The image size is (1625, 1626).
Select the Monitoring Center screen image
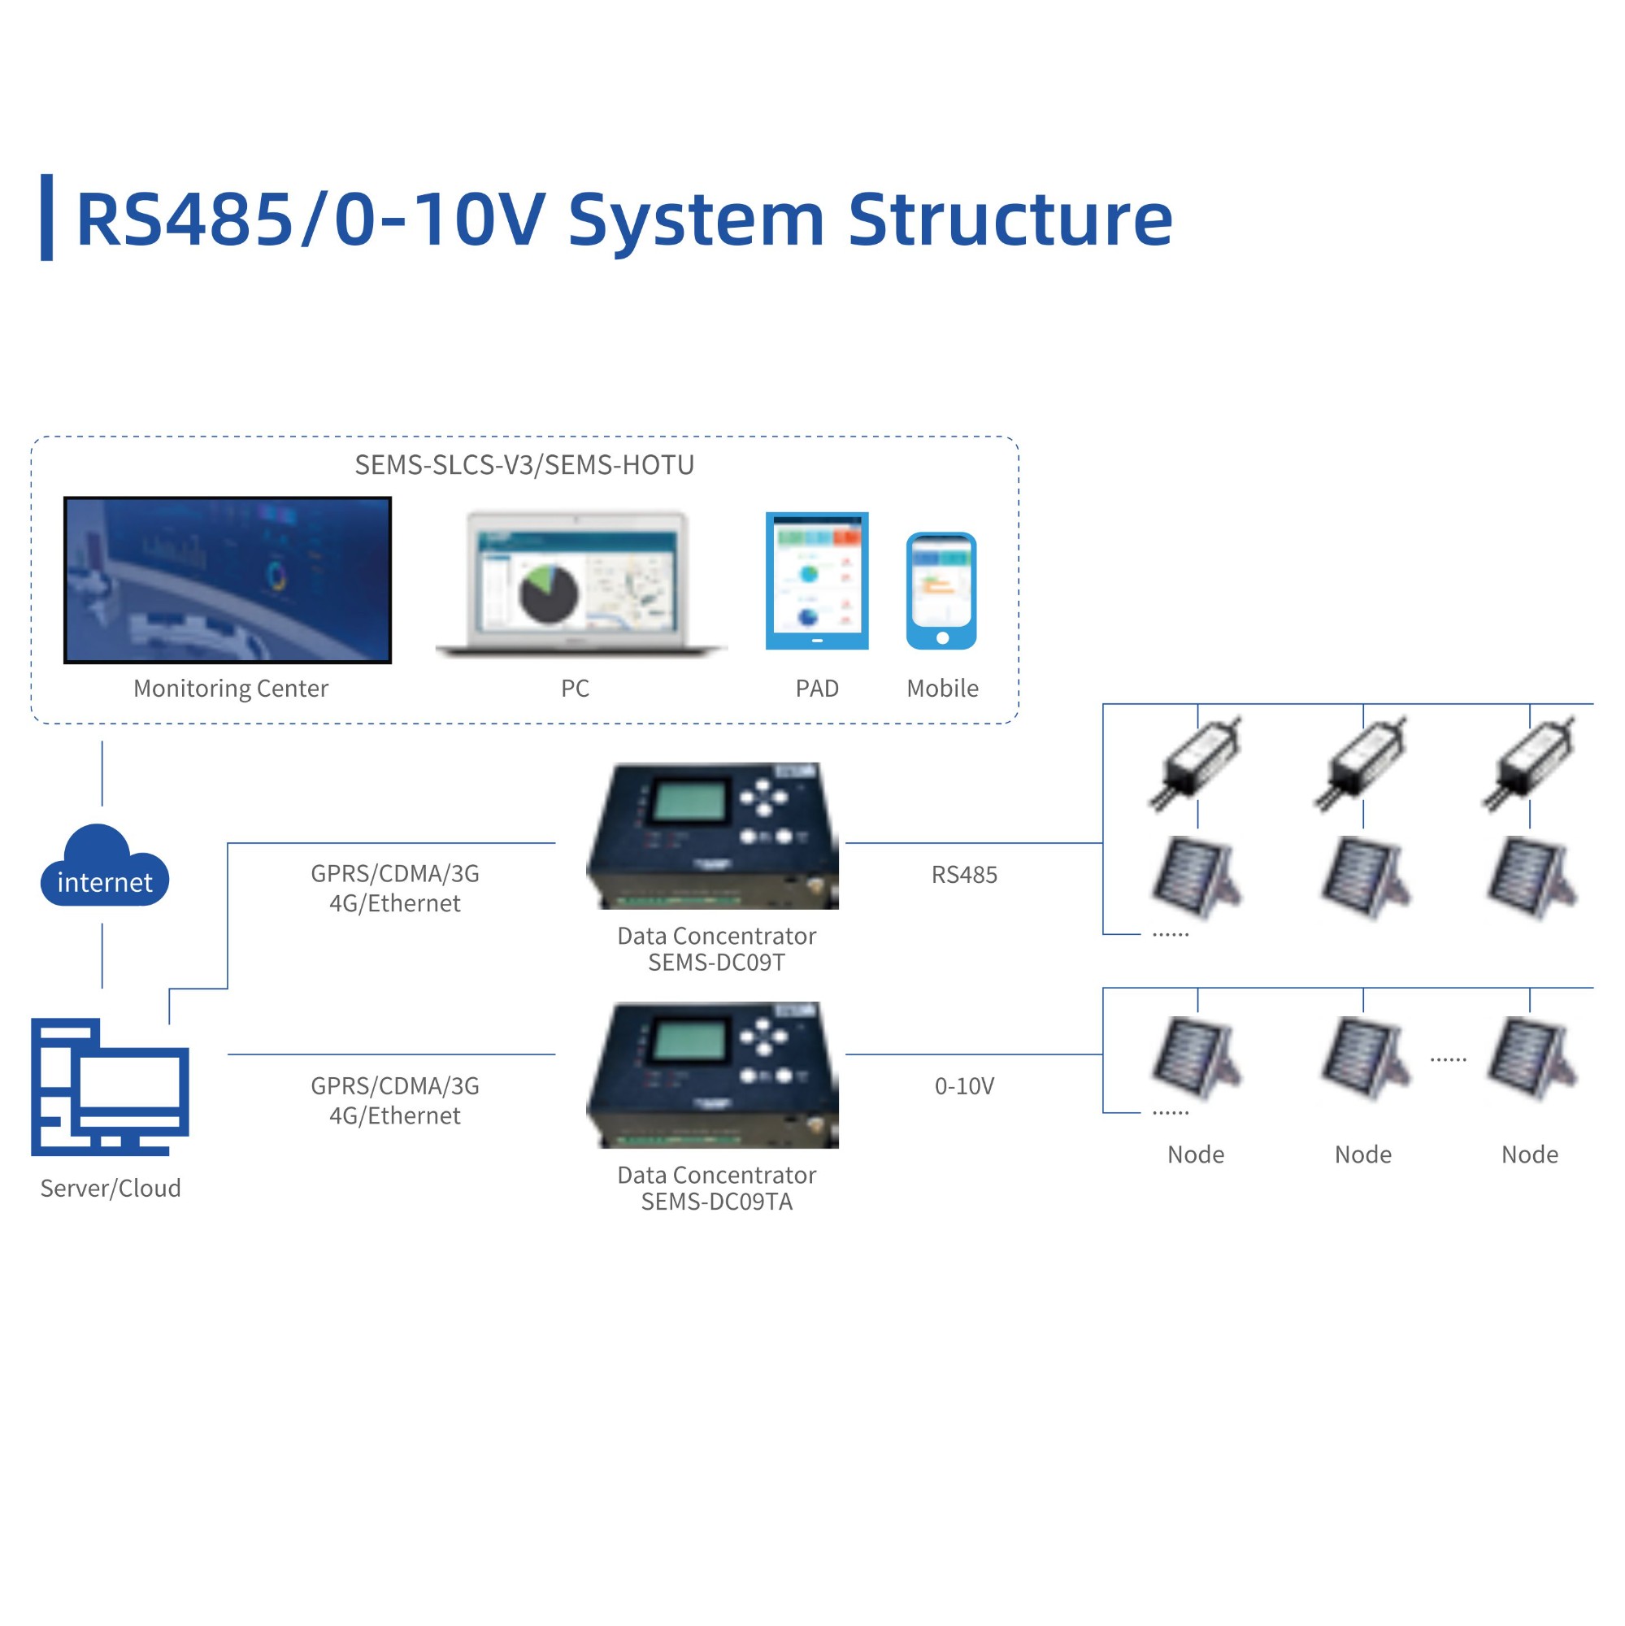click(228, 580)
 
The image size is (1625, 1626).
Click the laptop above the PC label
click(578, 582)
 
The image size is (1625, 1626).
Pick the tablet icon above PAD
click(816, 580)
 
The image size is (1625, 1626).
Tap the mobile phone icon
click(941, 591)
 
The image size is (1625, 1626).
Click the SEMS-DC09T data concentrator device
click(714, 835)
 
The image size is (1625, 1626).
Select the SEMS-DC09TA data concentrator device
click(714, 1074)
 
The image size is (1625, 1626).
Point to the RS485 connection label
click(963, 876)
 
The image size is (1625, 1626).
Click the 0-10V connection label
click(963, 1086)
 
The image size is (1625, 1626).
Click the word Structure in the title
click(1009, 220)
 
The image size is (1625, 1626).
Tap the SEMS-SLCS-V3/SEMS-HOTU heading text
click(524, 465)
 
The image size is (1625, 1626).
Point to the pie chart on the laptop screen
click(549, 593)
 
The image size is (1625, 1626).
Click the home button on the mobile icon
click(942, 638)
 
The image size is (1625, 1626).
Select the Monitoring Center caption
click(231, 689)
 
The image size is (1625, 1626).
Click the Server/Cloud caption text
click(111, 1189)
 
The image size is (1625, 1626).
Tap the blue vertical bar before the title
click(47, 217)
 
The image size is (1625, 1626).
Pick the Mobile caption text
click(942, 689)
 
